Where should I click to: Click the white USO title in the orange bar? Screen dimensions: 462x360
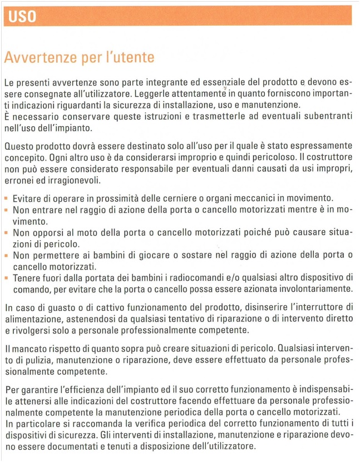(23, 17)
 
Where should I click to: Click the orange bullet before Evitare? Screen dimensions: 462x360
(7, 198)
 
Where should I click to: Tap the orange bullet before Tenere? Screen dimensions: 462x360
(7, 277)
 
